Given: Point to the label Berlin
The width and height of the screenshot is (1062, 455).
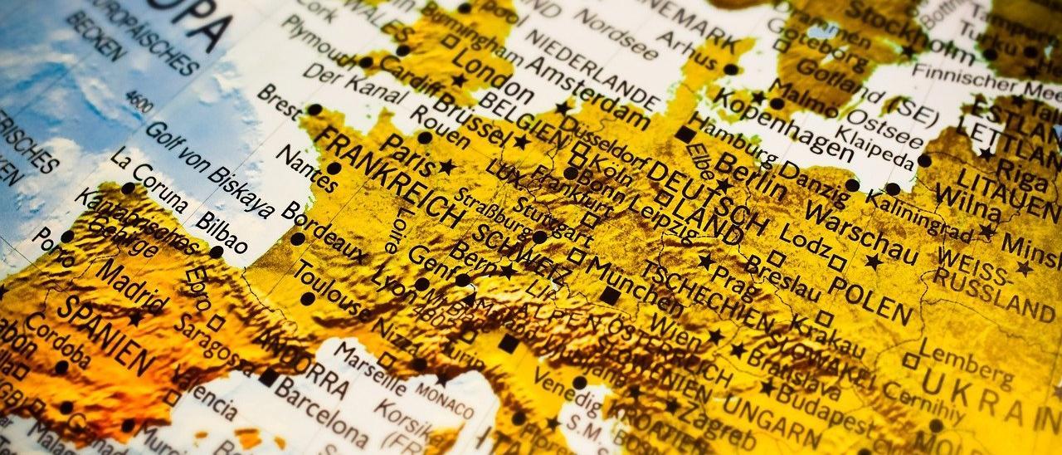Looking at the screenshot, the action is [747, 179].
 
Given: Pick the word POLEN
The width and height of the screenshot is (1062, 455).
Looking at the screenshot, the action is [871, 300].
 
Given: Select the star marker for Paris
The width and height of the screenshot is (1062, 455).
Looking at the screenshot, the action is [447, 167].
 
